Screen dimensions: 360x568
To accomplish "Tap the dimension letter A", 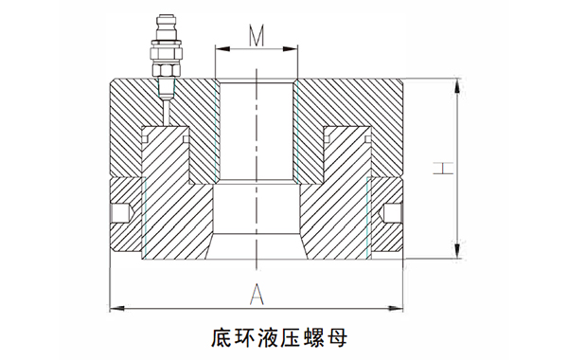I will (256, 295).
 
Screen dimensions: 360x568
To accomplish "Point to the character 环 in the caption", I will (246, 336).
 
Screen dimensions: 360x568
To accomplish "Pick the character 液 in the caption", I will (272, 336).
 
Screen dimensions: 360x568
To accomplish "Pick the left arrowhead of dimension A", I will (115, 306).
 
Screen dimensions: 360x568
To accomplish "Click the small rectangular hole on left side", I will (120, 212).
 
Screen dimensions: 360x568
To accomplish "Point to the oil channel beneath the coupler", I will (163, 106).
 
